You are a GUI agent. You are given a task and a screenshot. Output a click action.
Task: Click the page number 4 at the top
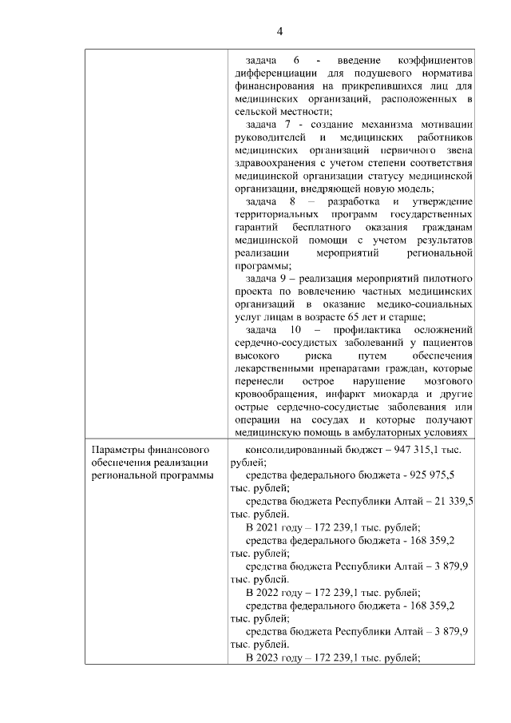click(x=279, y=31)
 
